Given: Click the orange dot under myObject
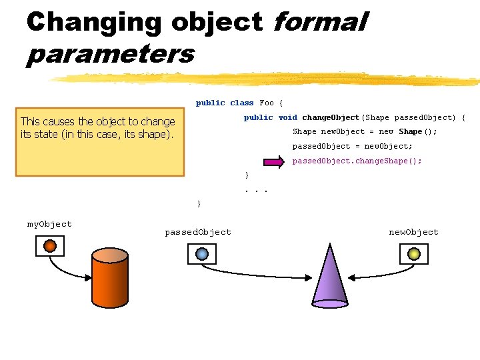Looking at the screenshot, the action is [x=50, y=246].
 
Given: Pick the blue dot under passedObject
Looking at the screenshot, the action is [x=202, y=253].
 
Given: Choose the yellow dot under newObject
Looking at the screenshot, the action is [x=413, y=253].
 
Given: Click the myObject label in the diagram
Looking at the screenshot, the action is [x=49, y=224].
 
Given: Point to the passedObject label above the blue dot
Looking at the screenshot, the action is [x=198, y=232].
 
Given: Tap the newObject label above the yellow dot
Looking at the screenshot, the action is [x=413, y=232].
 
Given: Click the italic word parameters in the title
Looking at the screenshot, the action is [x=110, y=54].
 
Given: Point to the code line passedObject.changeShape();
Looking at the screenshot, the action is [x=357, y=161].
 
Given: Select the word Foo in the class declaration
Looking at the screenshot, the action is [x=267, y=103].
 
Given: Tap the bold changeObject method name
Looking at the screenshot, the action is [x=331, y=117].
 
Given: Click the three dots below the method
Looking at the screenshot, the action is [x=256, y=189].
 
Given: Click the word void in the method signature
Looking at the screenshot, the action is [x=288, y=117].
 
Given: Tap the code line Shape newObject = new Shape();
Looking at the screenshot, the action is [x=365, y=131].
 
